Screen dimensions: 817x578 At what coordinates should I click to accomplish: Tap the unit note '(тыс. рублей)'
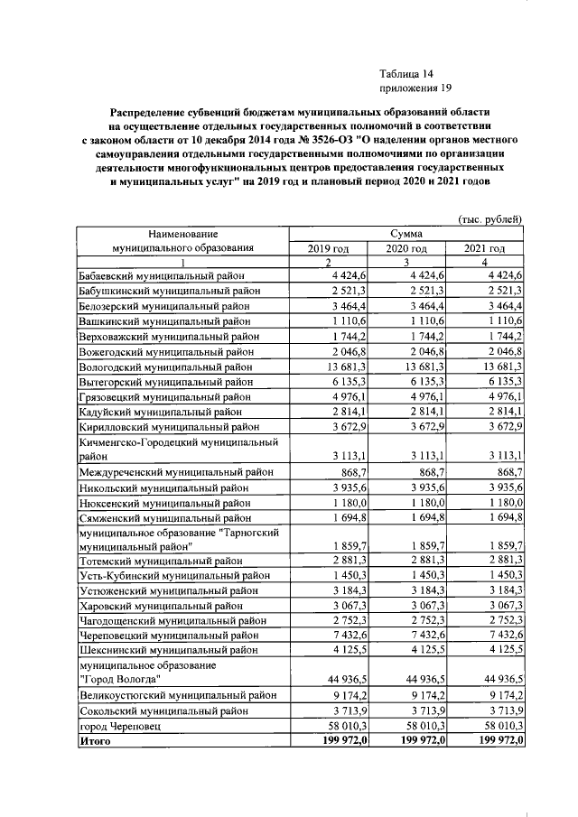(x=491, y=219)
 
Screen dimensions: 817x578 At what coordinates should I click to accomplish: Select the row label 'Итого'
(x=94, y=739)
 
